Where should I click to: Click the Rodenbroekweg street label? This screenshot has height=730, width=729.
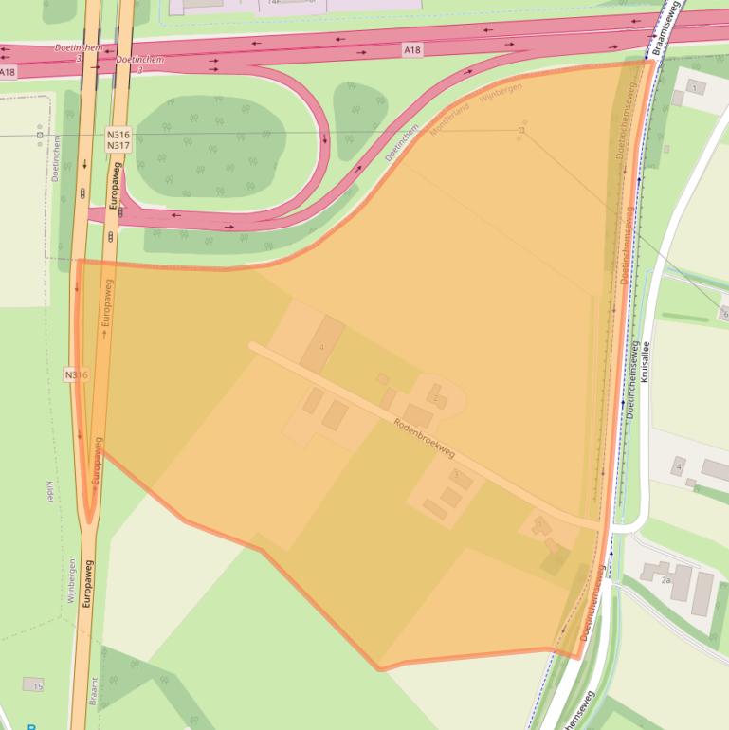pos(424,438)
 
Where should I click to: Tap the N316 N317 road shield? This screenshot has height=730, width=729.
pos(118,140)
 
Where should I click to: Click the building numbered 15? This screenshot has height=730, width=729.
pos(34,684)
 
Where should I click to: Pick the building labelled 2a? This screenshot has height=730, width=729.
pos(665,578)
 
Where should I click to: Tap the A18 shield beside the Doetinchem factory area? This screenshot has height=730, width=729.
pos(410,49)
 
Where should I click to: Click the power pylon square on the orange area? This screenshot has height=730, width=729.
pos(521,129)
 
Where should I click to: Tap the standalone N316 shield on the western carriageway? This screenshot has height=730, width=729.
pos(77,375)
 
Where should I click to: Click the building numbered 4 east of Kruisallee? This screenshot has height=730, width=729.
pos(678,467)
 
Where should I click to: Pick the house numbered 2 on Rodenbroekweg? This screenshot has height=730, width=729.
pos(436,397)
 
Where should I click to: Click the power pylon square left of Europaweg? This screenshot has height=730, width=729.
pos(40,135)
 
